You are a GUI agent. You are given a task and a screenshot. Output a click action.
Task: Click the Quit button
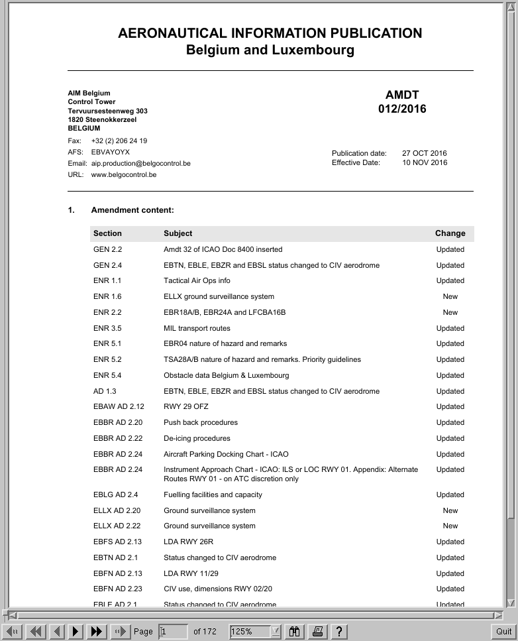[x=503, y=631]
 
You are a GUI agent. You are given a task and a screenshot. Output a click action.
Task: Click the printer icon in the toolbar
[x=317, y=631]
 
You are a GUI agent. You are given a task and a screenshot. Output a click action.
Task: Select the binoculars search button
[x=295, y=631]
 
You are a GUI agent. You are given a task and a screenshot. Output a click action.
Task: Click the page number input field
[x=172, y=631]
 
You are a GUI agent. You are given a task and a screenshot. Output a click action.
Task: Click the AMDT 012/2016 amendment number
[x=402, y=102]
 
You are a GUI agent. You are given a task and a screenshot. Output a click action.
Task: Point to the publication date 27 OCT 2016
[x=424, y=153]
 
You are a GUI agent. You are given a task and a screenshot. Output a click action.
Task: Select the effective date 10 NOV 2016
[x=424, y=162]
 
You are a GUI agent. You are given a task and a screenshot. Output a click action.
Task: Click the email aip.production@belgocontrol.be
[x=140, y=163]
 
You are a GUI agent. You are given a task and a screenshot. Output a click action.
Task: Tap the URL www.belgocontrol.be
[x=123, y=175]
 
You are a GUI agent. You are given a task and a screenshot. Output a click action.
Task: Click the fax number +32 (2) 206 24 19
[x=119, y=141]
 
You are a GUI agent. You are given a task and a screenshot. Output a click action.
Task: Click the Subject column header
[x=178, y=233]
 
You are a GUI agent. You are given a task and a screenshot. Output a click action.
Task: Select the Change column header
[x=450, y=233]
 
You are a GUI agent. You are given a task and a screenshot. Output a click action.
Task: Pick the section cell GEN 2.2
[x=107, y=249]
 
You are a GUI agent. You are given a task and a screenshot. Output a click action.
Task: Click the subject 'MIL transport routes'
[x=197, y=328]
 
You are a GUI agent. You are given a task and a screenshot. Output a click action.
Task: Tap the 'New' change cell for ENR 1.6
[x=450, y=296]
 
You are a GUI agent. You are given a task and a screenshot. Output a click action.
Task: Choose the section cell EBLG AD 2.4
[x=115, y=495]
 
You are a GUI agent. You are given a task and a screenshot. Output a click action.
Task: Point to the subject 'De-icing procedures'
[x=197, y=438]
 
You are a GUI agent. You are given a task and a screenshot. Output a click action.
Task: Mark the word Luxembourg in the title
[x=313, y=50]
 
